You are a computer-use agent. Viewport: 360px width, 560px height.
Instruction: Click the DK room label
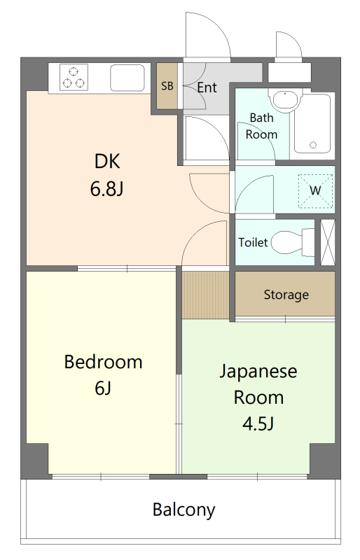pyautogui.click(x=108, y=162)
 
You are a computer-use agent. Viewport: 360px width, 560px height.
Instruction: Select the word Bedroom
pyautogui.click(x=103, y=362)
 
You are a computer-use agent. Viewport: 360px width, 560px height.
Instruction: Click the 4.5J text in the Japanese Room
pyautogui.click(x=258, y=423)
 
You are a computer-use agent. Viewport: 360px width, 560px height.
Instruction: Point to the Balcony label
pyautogui.click(x=184, y=510)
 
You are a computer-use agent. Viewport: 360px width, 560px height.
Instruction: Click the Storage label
pyautogui.click(x=286, y=295)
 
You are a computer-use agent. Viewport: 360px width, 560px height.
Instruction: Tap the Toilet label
pyautogui.click(x=253, y=243)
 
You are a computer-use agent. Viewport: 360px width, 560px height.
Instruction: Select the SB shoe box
pyautogui.click(x=167, y=86)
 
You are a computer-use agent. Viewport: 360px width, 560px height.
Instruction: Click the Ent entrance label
pyautogui.click(x=207, y=87)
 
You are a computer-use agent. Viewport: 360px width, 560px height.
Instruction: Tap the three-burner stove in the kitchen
pyautogui.click(x=73, y=77)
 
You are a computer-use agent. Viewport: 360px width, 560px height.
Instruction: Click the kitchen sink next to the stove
pyautogui.click(x=127, y=77)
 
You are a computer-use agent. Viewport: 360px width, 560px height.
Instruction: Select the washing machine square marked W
pyautogui.click(x=315, y=190)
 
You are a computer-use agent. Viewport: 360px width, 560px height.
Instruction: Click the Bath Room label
pyautogui.click(x=261, y=127)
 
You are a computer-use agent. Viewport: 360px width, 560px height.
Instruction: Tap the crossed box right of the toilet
pyautogui.click(x=327, y=242)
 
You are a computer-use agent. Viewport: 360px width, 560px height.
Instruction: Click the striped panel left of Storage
pyautogui.click(x=206, y=294)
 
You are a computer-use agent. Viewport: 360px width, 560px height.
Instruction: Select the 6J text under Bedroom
pyautogui.click(x=103, y=388)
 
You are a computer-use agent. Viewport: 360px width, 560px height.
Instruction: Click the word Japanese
pyautogui.click(x=258, y=371)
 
